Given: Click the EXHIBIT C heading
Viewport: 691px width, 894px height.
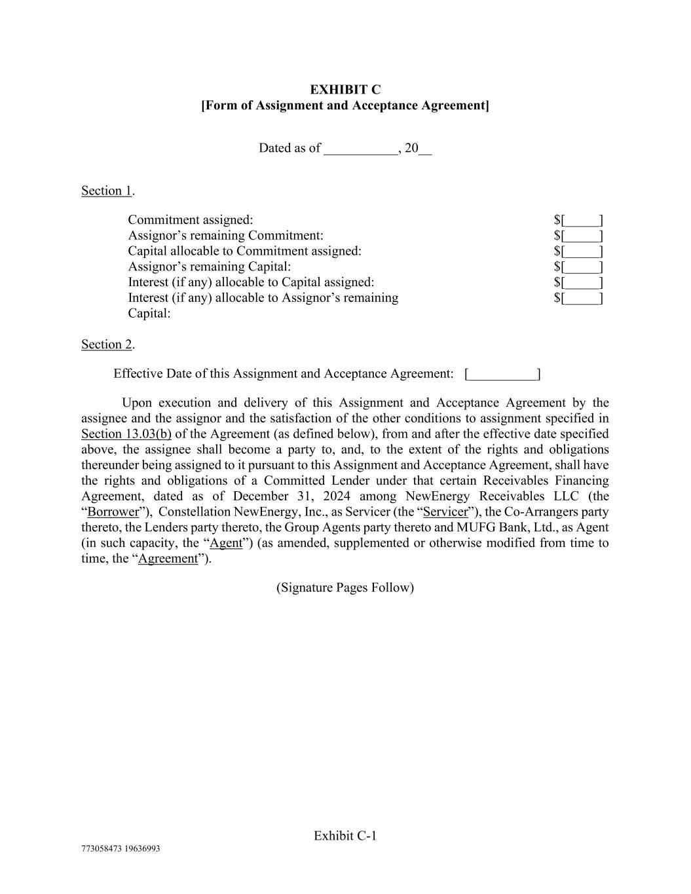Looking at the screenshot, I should click(345, 90).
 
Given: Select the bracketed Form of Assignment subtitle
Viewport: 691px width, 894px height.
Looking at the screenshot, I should click(345, 105).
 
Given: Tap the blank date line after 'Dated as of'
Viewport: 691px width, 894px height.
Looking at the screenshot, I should click(361, 149).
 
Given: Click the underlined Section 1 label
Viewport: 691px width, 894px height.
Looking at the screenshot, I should click(107, 191).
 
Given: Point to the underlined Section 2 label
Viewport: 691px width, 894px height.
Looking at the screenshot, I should click(107, 345).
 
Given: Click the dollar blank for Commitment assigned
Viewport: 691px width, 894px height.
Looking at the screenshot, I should click(578, 220).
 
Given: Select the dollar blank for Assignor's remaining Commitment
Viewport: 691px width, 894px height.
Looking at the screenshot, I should click(578, 236).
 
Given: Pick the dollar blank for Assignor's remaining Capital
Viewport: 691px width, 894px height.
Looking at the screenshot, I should click(578, 267).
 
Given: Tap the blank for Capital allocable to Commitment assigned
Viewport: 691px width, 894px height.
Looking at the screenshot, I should click(578, 251).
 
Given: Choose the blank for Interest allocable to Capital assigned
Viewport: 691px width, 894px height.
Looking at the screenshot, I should click(578, 282).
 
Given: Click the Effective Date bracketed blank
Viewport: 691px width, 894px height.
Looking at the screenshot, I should click(502, 374).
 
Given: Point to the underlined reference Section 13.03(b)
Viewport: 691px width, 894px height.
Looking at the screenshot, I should click(126, 434).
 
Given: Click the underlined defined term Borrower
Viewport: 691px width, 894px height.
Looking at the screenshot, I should click(113, 512).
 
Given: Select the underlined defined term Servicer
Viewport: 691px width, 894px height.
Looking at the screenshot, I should click(445, 512).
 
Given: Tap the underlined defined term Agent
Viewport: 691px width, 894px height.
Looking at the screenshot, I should click(226, 543).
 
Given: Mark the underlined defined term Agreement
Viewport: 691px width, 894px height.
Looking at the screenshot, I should click(168, 559).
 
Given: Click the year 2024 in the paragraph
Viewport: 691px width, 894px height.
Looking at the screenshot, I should click(337, 496).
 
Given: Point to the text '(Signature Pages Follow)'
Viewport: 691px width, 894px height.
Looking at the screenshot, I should click(345, 587).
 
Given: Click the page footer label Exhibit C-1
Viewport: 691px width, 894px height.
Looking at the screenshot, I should click(345, 836).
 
